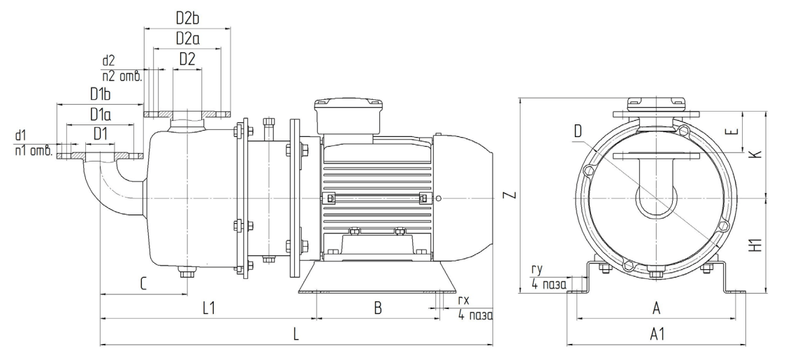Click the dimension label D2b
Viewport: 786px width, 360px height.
point(187,19)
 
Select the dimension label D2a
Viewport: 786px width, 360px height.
point(187,38)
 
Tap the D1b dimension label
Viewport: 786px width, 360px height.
point(100,94)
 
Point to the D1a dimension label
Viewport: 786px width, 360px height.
point(100,114)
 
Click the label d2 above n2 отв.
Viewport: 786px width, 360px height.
point(108,61)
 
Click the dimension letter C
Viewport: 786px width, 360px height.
point(143,285)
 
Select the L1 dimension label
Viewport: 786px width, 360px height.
point(208,308)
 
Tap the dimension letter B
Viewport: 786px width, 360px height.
point(378,308)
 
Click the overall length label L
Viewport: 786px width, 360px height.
point(296,334)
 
